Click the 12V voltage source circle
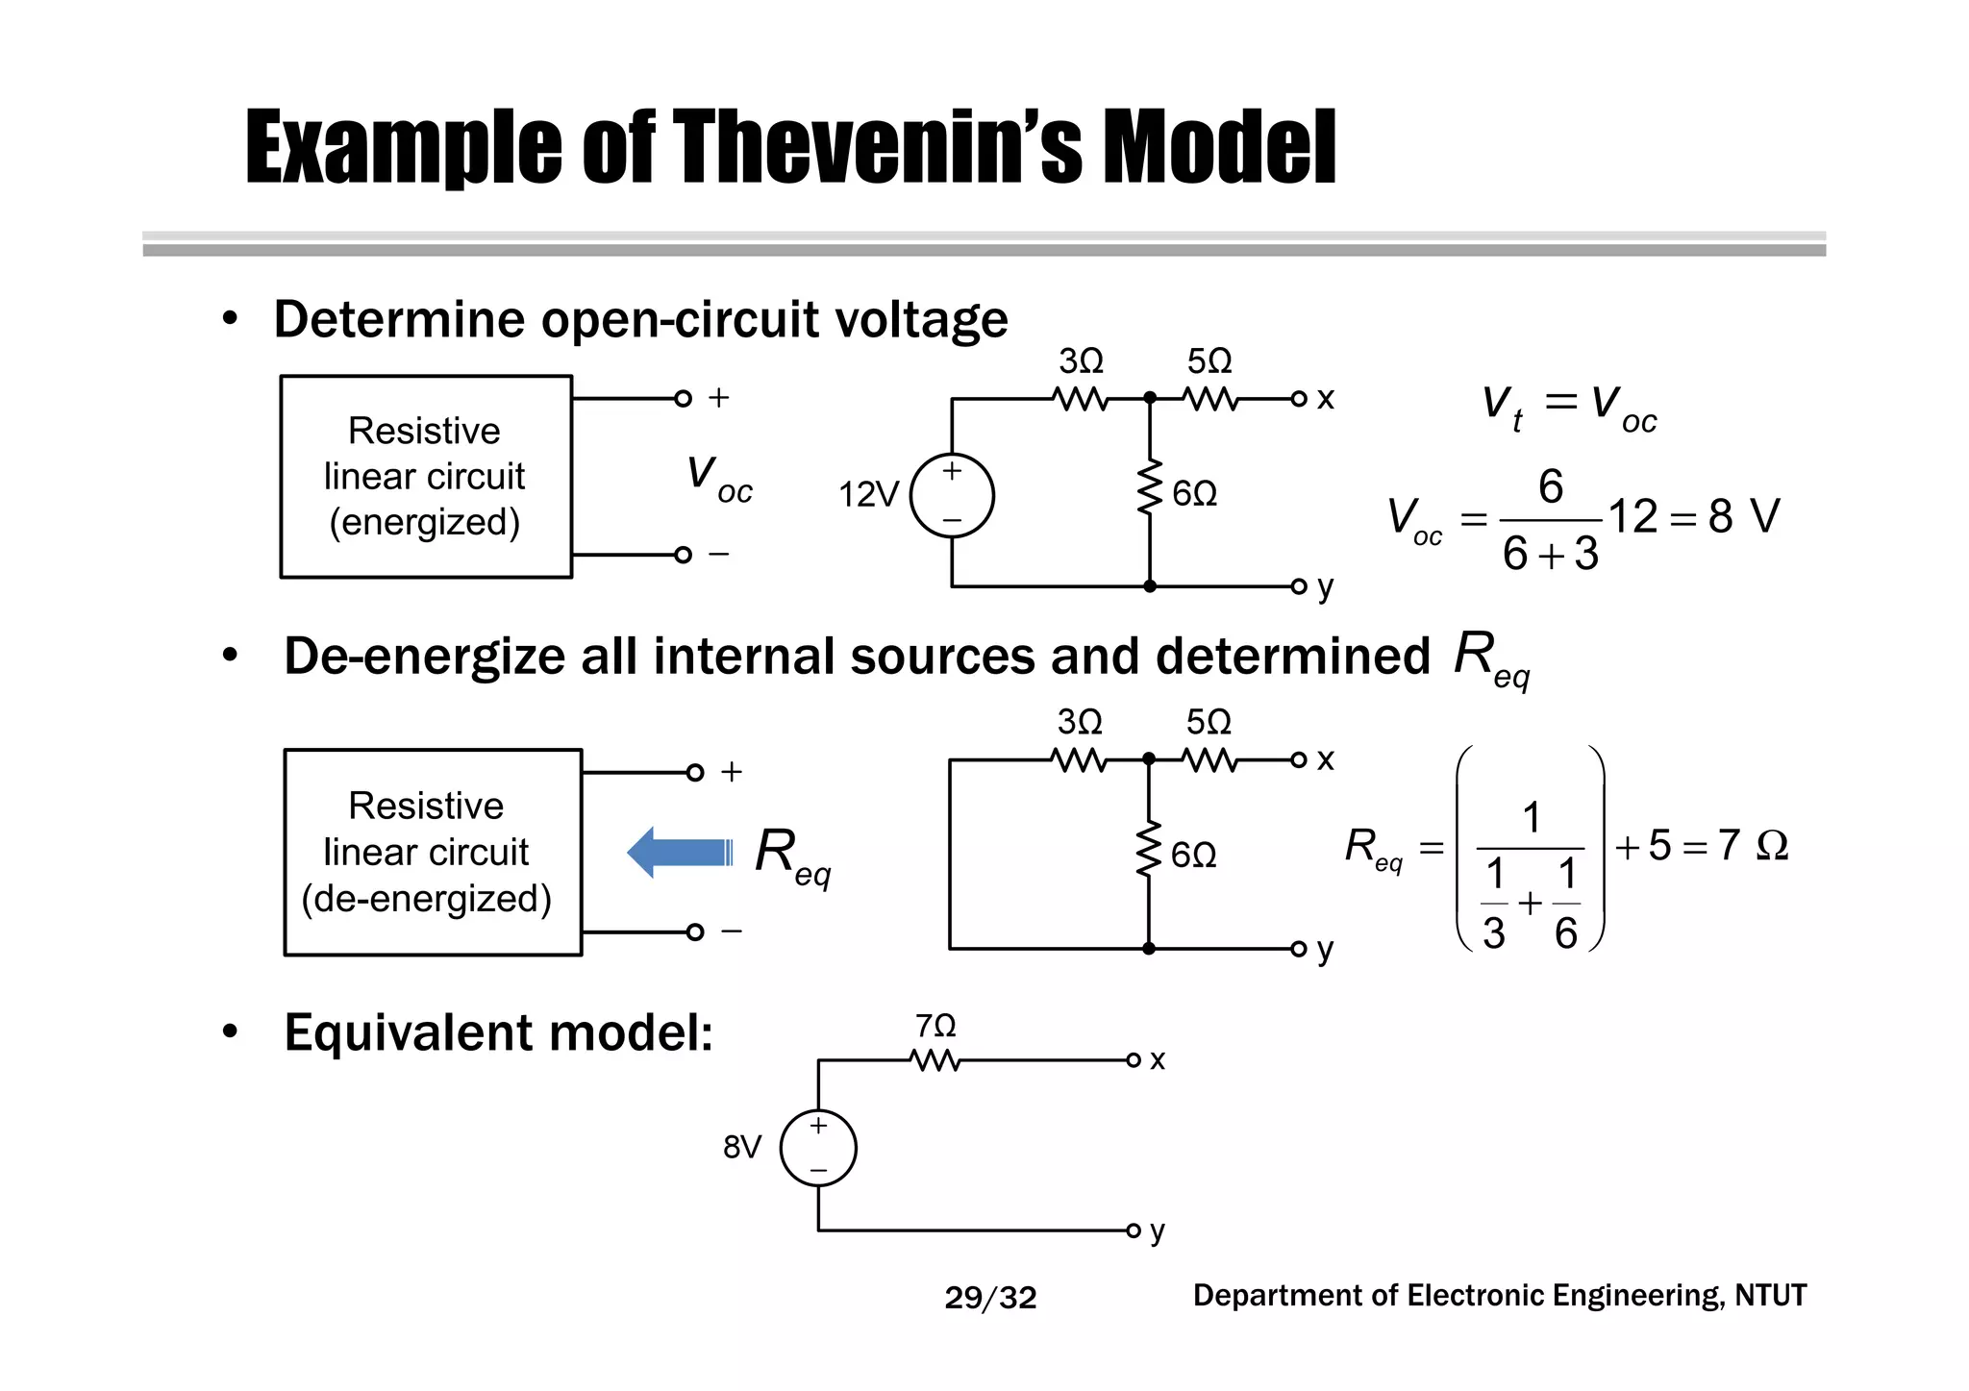coord(952,496)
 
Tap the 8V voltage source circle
coord(818,1148)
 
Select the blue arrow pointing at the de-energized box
coord(680,853)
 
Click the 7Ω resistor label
coord(935,1027)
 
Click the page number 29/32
coord(990,1298)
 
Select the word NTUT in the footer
coord(1770,1296)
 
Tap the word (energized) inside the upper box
coord(425,522)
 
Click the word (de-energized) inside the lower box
coord(427,899)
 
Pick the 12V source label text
coord(868,495)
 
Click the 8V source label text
coord(742,1147)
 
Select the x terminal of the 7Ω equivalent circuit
coord(1134,1060)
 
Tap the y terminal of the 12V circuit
coord(1299,586)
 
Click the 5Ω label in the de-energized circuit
coord(1209,722)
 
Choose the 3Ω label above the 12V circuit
coord(1082,361)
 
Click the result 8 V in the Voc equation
coord(1742,516)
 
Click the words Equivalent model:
coord(498,1033)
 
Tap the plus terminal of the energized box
coord(684,398)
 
